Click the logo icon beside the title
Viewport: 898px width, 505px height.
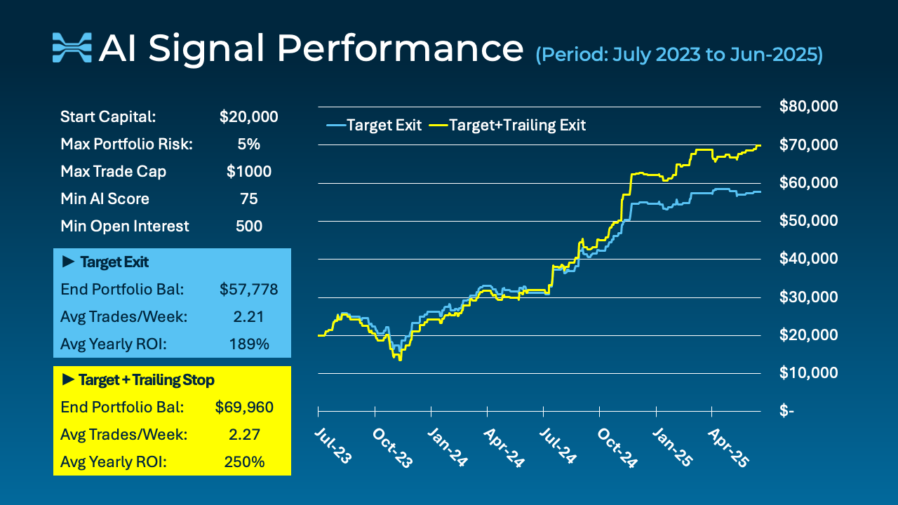pyautogui.click(x=72, y=47)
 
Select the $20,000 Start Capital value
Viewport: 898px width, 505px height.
pyautogui.click(x=248, y=117)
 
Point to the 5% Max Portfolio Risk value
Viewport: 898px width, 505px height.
pyautogui.click(x=248, y=144)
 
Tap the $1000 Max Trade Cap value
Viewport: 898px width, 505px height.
pyautogui.click(x=248, y=172)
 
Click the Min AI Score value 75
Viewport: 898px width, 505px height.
pyautogui.click(x=248, y=199)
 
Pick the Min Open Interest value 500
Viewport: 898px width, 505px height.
pyautogui.click(x=248, y=227)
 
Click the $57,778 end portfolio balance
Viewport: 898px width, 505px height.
pyautogui.click(x=248, y=290)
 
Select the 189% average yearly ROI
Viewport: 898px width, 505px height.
pyautogui.click(x=248, y=344)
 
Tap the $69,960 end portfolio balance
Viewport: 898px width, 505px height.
pyautogui.click(x=243, y=408)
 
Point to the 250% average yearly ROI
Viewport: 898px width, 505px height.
pyautogui.click(x=248, y=462)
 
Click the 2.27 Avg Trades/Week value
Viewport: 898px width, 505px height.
pyautogui.click(x=248, y=435)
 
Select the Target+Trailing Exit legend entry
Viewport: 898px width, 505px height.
pyautogui.click(x=508, y=126)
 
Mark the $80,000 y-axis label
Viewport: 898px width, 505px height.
pyautogui.click(x=809, y=107)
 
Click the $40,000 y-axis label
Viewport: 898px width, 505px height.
pyautogui.click(x=809, y=259)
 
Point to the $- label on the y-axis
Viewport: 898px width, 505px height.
pyautogui.click(x=787, y=411)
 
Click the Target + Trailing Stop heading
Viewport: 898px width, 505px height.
pyautogui.click(x=138, y=380)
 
